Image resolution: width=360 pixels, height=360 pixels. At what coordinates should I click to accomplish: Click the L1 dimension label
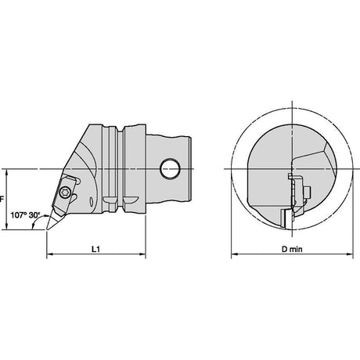[95, 249]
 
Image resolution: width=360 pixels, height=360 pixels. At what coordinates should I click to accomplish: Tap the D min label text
[292, 249]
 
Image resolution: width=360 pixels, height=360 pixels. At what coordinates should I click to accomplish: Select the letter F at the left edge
[2, 200]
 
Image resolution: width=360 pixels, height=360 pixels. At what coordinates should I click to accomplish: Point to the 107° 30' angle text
[25, 215]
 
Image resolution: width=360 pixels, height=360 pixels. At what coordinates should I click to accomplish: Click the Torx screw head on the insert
[64, 193]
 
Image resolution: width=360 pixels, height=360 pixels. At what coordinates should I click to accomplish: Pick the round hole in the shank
[170, 168]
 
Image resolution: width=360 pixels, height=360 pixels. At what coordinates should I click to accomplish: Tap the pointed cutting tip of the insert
[47, 229]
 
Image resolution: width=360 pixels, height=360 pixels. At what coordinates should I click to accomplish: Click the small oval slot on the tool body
[92, 202]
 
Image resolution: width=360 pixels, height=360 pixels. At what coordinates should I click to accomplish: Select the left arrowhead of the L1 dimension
[49, 254]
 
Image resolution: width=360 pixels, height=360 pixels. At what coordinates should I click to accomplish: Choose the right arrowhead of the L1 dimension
[142, 254]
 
